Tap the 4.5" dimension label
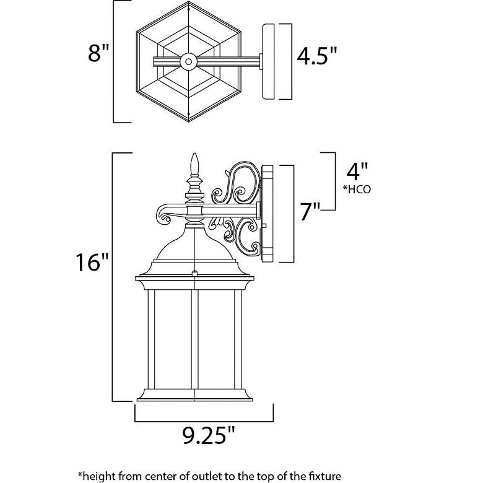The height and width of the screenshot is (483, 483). click(317, 56)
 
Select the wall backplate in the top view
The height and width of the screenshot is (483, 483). click(268, 61)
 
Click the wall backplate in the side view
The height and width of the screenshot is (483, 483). click(268, 214)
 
